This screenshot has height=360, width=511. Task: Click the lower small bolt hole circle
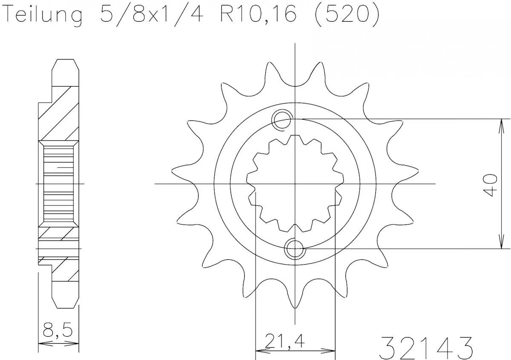point(295,249)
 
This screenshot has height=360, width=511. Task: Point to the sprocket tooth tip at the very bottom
point(295,306)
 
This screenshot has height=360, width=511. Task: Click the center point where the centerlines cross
point(295,184)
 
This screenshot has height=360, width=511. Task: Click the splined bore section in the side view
point(59,184)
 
